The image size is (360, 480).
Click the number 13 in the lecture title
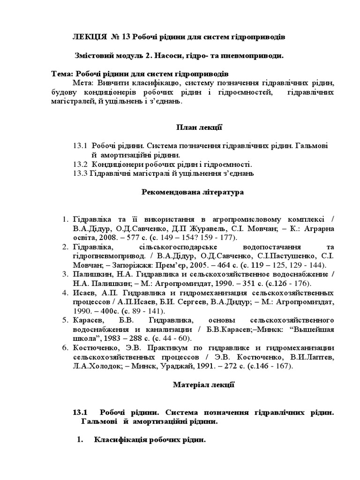click(127, 37)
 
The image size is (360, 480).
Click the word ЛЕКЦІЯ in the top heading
click(89, 37)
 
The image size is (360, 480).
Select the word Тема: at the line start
click(62, 74)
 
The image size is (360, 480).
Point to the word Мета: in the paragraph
click(82, 82)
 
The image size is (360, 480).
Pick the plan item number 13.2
click(81, 164)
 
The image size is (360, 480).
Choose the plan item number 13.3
click(81, 173)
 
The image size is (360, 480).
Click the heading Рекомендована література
click(193, 192)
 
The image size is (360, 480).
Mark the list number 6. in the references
click(65, 347)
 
